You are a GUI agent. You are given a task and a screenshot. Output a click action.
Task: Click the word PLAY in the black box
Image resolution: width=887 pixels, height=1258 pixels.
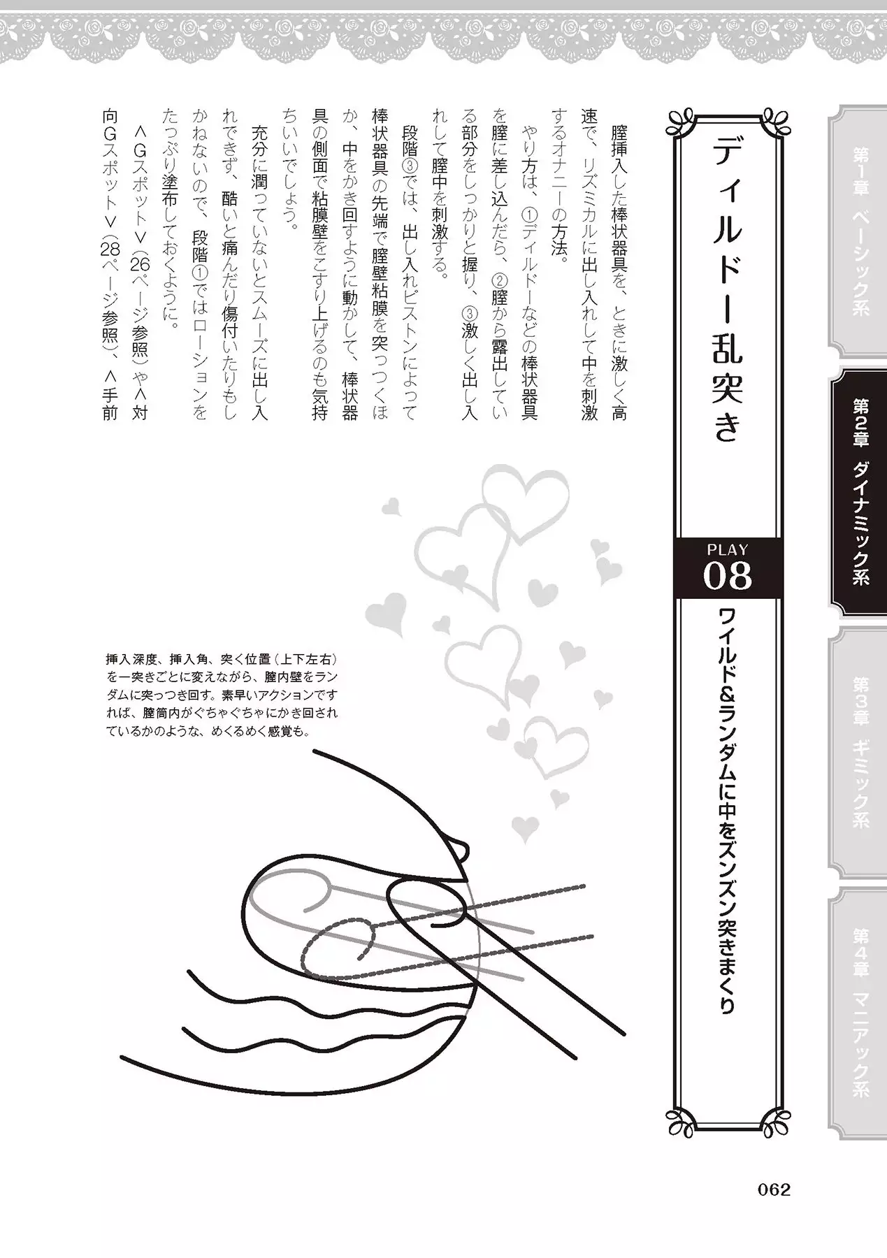coord(727,550)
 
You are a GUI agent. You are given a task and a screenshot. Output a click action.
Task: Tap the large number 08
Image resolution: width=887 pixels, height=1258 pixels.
coord(727,577)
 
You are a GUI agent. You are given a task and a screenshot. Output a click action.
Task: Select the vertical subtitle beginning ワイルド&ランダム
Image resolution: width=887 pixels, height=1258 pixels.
coord(727,811)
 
